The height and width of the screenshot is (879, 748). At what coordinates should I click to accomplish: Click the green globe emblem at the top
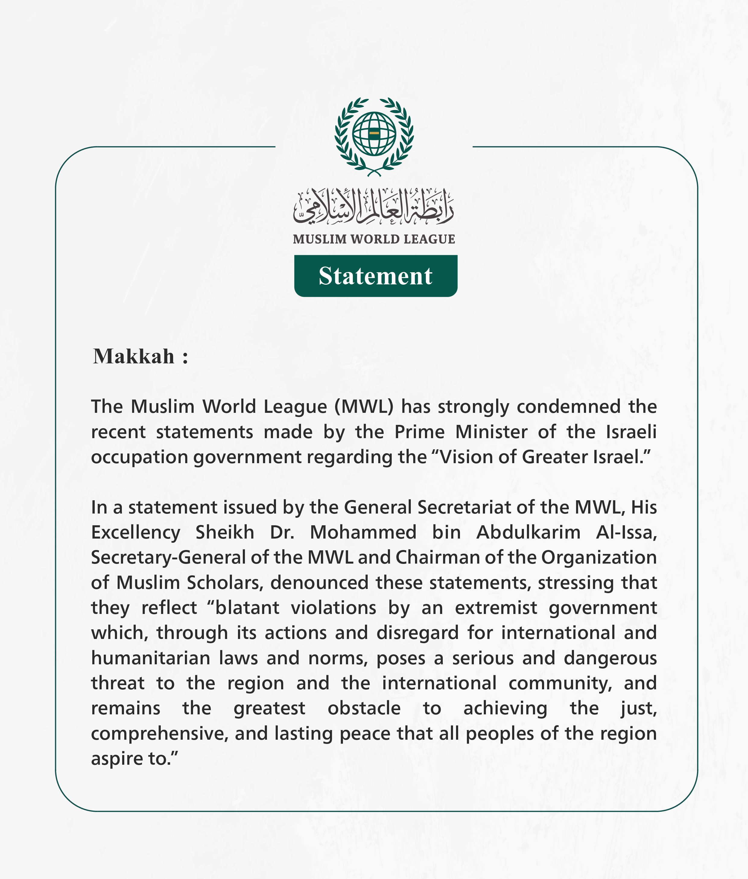point(374,134)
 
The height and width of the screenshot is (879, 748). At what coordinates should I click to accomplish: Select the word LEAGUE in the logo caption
point(429,239)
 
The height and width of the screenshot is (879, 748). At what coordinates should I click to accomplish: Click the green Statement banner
point(376,276)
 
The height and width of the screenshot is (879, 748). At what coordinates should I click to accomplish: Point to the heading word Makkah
point(134,356)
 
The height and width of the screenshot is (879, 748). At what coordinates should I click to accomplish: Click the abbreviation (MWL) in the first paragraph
point(364,407)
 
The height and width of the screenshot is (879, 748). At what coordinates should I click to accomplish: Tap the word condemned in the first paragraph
point(569,407)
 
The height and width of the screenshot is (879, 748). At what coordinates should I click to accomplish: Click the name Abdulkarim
point(528,533)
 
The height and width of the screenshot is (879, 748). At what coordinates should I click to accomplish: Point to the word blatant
point(247,608)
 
